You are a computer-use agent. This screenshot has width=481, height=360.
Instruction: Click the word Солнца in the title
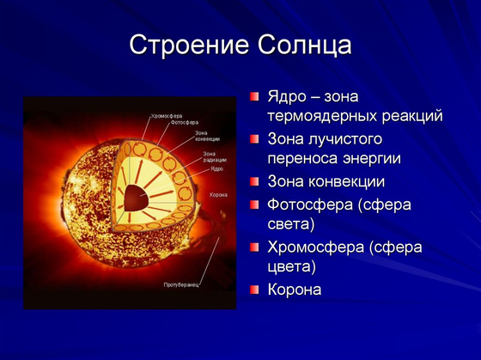(301, 46)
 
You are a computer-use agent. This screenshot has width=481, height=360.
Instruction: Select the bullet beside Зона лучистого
(254, 138)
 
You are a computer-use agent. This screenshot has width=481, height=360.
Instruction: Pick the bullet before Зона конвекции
(254, 181)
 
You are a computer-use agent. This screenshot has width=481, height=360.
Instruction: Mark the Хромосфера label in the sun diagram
(167, 115)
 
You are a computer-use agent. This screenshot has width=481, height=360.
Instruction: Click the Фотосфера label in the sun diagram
(184, 121)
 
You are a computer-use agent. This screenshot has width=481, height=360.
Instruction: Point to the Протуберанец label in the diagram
(181, 284)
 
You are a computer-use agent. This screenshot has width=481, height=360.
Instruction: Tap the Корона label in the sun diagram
(218, 195)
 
